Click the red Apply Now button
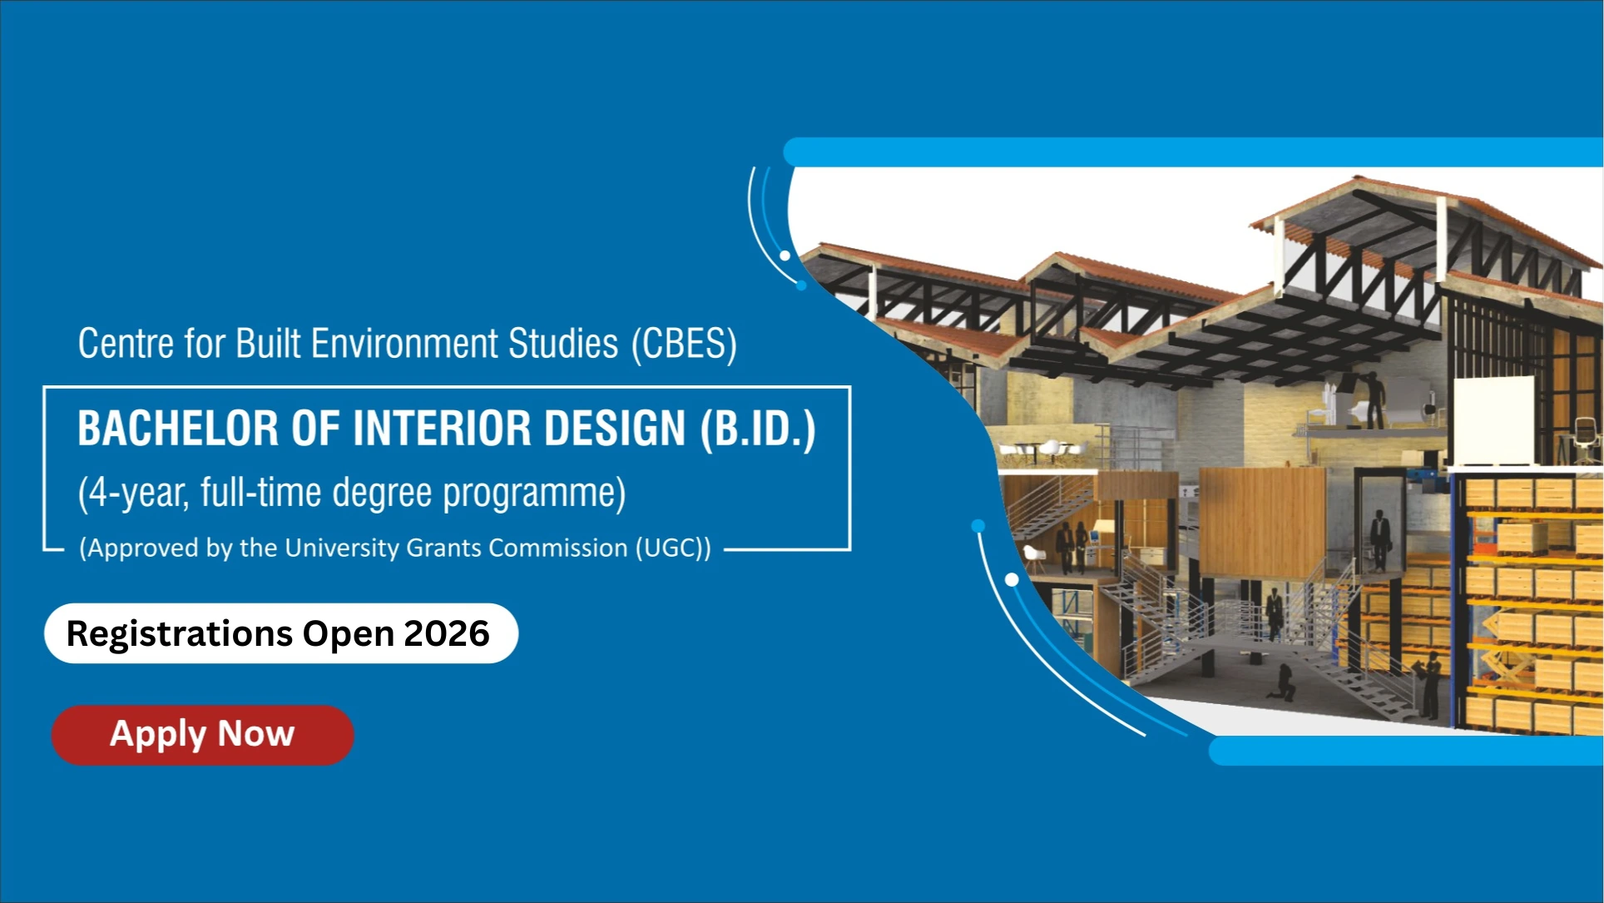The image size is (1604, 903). coord(202,735)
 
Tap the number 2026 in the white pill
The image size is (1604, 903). coord(447,633)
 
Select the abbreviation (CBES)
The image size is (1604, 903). coord(684,344)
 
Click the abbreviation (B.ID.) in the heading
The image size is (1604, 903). coord(758,429)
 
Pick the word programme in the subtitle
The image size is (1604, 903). coord(533,494)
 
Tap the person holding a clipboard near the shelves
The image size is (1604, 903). coord(1432,685)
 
